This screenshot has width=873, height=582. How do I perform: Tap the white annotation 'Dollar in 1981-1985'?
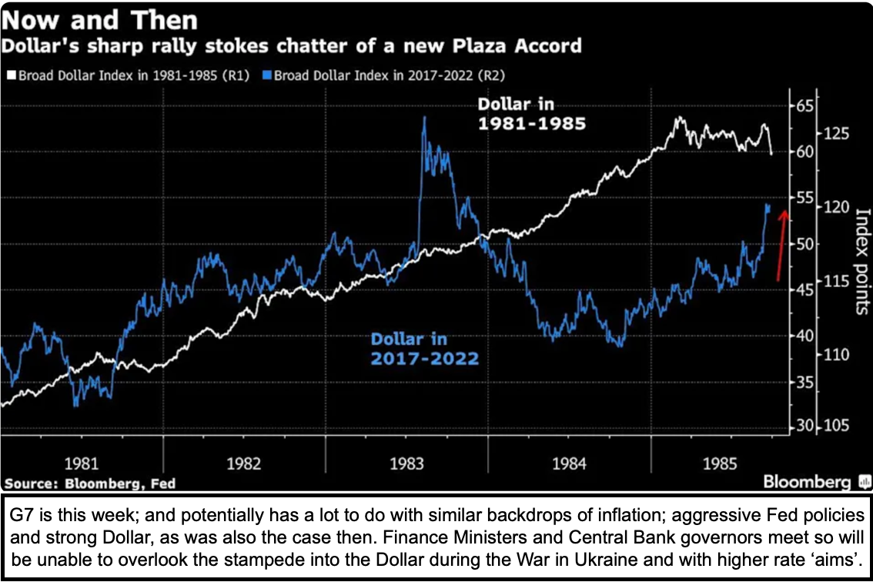click(530, 113)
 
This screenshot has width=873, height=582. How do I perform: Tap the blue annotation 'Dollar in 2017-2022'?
click(424, 349)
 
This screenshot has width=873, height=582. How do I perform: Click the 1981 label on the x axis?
click(81, 464)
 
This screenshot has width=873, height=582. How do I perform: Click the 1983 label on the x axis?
click(406, 464)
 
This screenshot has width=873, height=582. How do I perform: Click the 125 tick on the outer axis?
click(837, 134)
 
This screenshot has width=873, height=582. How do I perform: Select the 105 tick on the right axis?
click(837, 427)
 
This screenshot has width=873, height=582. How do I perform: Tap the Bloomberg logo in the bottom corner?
click(816, 483)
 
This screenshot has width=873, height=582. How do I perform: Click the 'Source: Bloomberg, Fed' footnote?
click(89, 483)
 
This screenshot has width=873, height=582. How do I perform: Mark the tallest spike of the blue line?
click(424, 118)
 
